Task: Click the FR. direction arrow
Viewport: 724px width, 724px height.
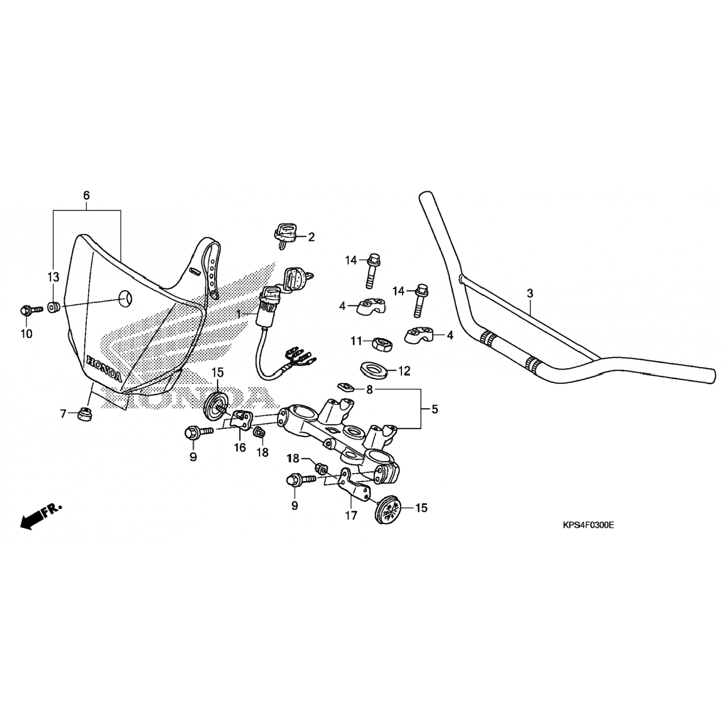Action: (x=41, y=516)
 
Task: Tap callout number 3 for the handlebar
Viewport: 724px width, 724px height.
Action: (x=530, y=293)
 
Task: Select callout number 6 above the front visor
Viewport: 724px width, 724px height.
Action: (x=86, y=195)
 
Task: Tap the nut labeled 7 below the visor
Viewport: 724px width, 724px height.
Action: (x=85, y=414)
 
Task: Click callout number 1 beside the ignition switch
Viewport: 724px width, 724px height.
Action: (x=238, y=314)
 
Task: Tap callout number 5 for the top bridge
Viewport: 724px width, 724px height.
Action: (x=435, y=409)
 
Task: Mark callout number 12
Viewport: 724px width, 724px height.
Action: (x=404, y=371)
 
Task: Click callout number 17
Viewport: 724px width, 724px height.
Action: (x=351, y=516)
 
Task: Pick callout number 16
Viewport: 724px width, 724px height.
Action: (x=240, y=447)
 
